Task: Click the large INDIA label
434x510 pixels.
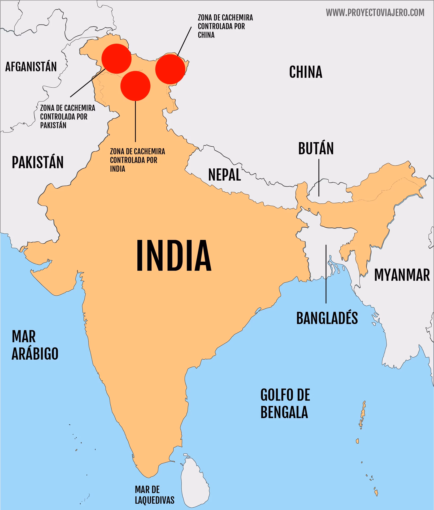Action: coord(173,255)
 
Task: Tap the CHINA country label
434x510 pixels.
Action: coord(306,72)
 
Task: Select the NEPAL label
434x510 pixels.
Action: coord(224,175)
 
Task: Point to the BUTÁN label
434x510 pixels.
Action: coord(316,148)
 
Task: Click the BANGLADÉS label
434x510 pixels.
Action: coord(327,318)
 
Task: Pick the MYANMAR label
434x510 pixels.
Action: coord(402,275)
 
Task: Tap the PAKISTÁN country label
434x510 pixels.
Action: coord(38,162)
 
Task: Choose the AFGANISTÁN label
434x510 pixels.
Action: coord(31,66)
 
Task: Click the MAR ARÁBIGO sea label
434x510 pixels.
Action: coord(35,345)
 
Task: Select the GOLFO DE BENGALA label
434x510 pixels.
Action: coord(285,403)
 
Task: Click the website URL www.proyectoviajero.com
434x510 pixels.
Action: coord(375,12)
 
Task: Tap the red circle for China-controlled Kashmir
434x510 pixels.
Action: coord(170,69)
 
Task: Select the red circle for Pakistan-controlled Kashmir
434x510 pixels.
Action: coord(116,59)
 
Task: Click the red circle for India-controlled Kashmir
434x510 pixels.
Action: coord(135,86)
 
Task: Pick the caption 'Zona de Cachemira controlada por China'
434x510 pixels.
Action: coord(225,26)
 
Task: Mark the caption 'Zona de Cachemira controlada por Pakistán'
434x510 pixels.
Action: coord(67,117)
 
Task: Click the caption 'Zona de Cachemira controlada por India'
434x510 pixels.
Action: coord(137,160)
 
